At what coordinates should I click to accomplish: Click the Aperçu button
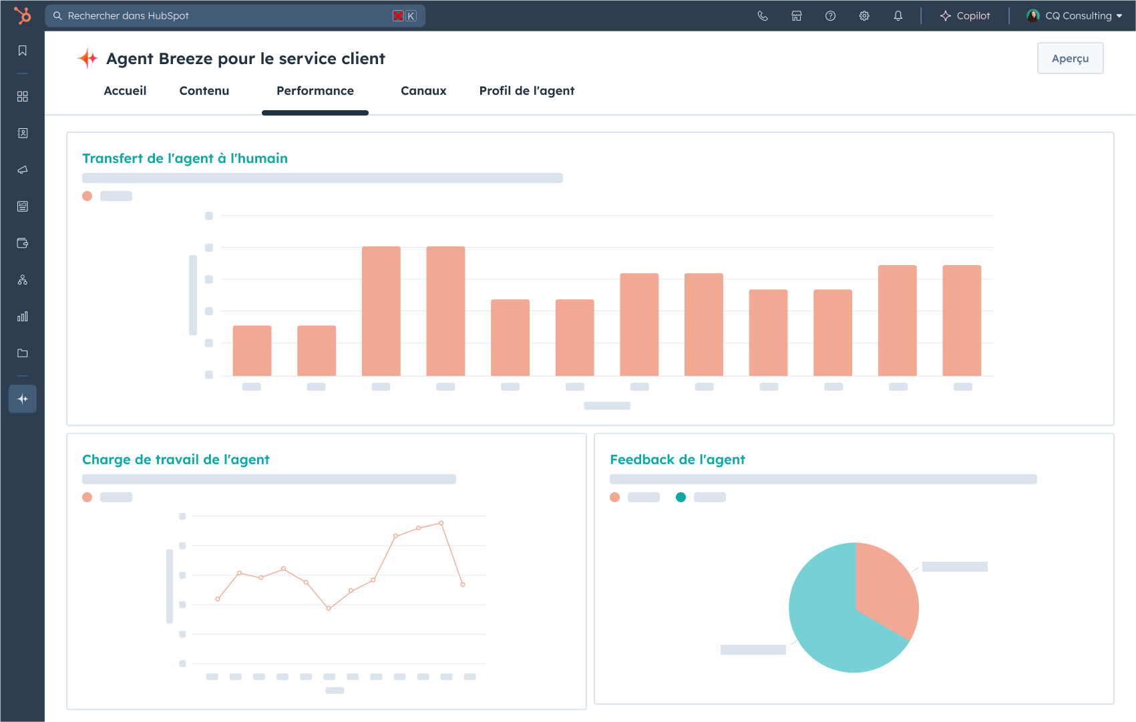(x=1070, y=59)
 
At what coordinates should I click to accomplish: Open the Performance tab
(x=315, y=91)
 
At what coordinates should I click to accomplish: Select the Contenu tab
(x=204, y=91)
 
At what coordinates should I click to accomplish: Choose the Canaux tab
(x=423, y=91)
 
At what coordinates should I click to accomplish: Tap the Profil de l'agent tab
(x=527, y=91)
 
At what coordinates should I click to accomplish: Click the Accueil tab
(x=125, y=91)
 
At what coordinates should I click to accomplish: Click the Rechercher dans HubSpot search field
(x=227, y=16)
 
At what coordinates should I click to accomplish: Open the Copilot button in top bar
(x=965, y=16)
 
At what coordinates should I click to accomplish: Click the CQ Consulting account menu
(x=1075, y=16)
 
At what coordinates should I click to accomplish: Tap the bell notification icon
(x=898, y=16)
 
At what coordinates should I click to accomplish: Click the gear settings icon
(x=864, y=16)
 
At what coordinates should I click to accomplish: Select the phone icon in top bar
(x=763, y=16)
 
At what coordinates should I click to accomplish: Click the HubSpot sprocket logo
(x=23, y=15)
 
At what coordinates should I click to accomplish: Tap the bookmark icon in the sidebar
(x=23, y=51)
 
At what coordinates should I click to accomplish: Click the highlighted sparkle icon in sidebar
(x=23, y=399)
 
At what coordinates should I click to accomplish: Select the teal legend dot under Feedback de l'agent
(x=681, y=497)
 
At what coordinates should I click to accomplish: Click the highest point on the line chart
(x=441, y=523)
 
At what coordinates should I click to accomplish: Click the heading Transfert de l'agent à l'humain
(x=185, y=158)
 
